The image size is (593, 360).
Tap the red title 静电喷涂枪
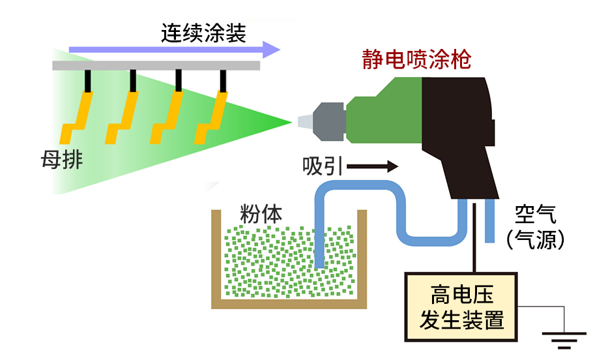point(416,61)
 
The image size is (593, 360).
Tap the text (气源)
point(535,239)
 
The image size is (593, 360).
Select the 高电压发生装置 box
point(461,307)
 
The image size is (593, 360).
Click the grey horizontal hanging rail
point(156,66)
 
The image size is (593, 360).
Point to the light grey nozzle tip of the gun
point(304,121)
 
